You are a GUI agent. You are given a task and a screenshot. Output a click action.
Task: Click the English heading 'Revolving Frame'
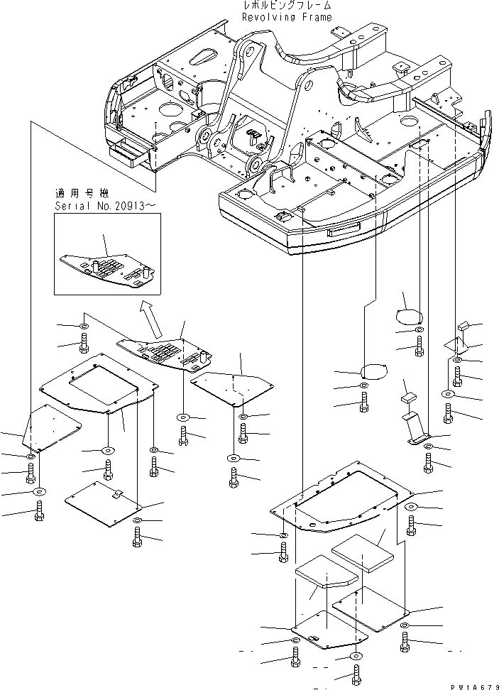click(x=287, y=17)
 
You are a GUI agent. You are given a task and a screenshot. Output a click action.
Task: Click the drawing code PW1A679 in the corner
click(x=475, y=686)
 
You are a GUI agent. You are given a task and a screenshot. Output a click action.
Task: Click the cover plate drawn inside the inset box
click(x=107, y=270)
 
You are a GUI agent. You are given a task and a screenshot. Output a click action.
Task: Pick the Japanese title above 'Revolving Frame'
click(x=287, y=5)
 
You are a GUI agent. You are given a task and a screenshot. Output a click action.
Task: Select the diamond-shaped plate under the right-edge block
click(x=457, y=346)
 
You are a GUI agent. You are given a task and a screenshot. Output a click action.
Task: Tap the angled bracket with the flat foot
click(x=416, y=428)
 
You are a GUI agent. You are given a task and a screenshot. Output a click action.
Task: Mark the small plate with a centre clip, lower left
click(x=104, y=503)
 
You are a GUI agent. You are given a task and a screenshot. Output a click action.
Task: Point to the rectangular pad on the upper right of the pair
click(x=362, y=554)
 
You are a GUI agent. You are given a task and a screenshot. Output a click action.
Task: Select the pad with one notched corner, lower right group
click(x=327, y=571)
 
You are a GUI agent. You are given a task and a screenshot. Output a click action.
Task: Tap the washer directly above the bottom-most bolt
click(x=356, y=657)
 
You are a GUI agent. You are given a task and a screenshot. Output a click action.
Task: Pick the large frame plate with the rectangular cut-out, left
click(x=99, y=383)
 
